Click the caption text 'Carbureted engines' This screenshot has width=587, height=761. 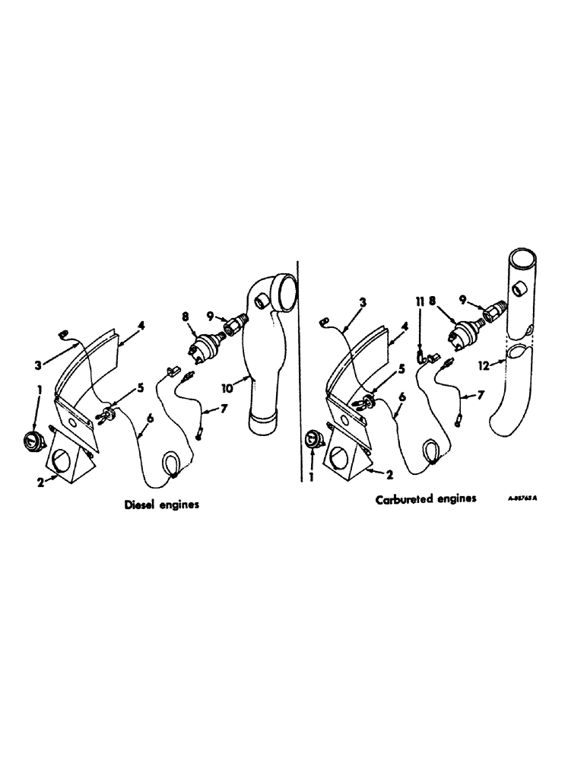(426, 500)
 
